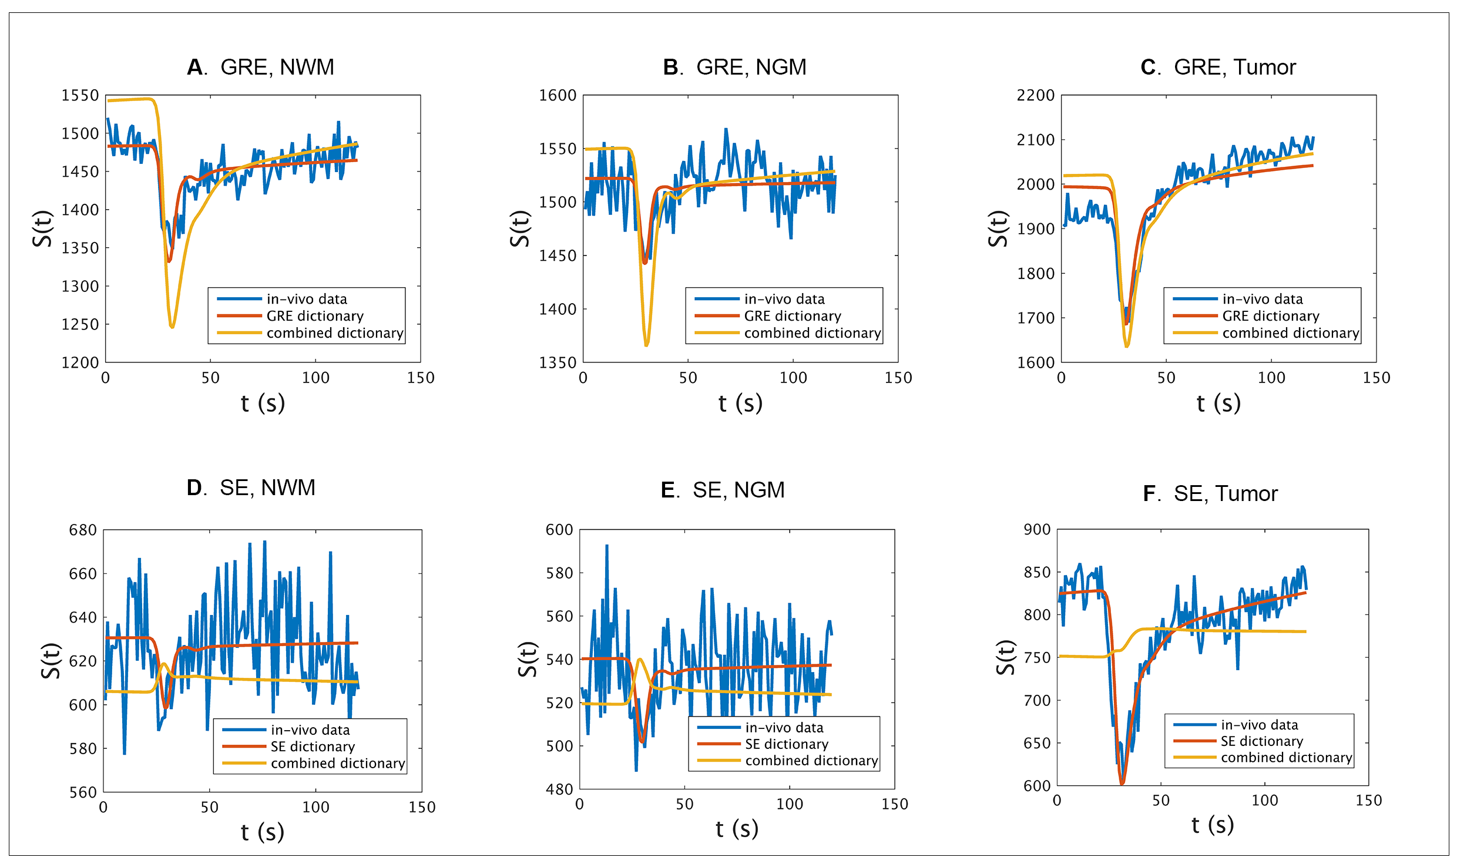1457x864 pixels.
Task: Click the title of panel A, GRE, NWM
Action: pyautogui.click(x=260, y=68)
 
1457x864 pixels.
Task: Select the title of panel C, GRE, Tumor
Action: pyautogui.click(x=1218, y=68)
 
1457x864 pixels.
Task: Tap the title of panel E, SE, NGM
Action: pyautogui.click(x=723, y=490)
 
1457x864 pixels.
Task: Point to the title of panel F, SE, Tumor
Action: pyautogui.click(x=1210, y=493)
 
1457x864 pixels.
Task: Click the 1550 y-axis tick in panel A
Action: pyautogui.click(x=80, y=95)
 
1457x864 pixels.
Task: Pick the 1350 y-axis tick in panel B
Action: pyautogui.click(x=558, y=362)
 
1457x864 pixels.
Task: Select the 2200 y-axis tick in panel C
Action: pyautogui.click(x=1036, y=95)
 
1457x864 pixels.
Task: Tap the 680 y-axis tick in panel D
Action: pyautogui.click(x=83, y=530)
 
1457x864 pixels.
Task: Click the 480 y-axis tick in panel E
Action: pyautogui.click(x=559, y=789)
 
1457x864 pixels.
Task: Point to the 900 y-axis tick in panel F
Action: pyautogui.click(x=1037, y=529)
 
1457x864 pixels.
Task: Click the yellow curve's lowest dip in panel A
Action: pyautogui.click(x=172, y=327)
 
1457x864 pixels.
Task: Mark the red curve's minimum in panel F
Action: pyautogui.click(x=1122, y=783)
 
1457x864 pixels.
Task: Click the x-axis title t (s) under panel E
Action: pyautogui.click(x=737, y=829)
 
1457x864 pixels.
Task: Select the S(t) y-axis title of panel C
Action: pyautogui.click(x=998, y=228)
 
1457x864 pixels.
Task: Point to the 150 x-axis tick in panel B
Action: pyautogui.click(x=898, y=378)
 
